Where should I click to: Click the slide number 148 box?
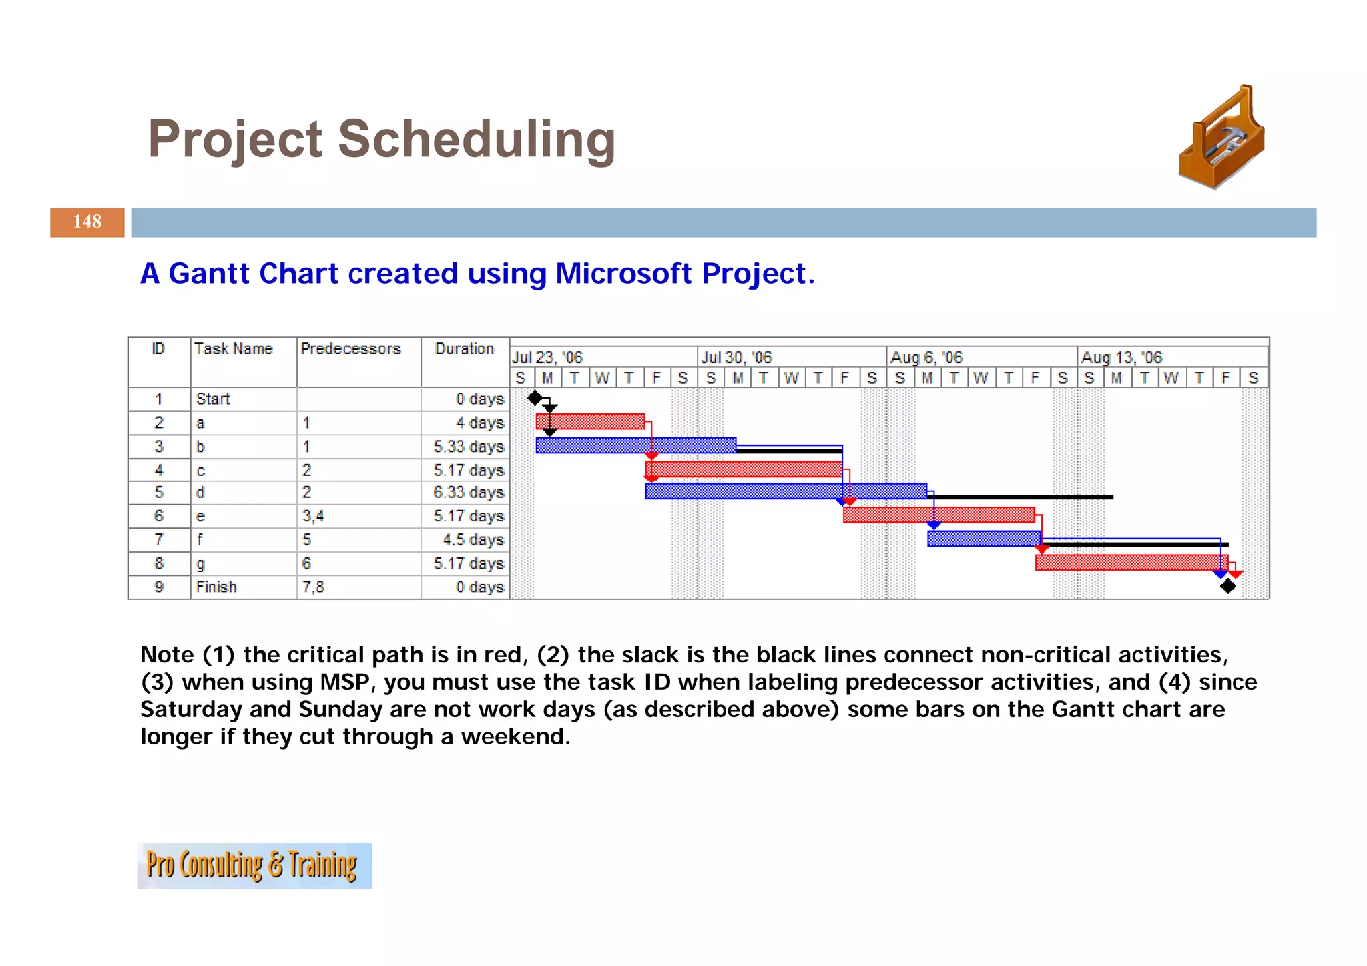pos(87,222)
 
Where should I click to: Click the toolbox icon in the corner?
pos(1221,138)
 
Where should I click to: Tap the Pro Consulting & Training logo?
pos(254,865)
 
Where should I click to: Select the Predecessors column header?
pos(350,349)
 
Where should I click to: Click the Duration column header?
pos(464,349)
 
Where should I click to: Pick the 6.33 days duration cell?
pos(468,493)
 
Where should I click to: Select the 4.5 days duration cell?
pos(473,539)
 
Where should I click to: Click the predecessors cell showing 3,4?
pos(313,516)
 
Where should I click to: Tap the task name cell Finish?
pos(216,587)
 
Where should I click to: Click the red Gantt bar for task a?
pos(590,421)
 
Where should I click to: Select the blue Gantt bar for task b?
pos(635,445)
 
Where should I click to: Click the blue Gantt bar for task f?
pos(983,539)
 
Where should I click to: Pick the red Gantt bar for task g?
pos(1131,563)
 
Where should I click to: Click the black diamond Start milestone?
pos(535,399)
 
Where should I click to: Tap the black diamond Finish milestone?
pos(1227,587)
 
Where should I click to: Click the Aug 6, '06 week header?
pos(926,357)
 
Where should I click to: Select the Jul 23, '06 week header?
pos(547,357)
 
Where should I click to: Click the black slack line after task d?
pos(1021,497)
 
